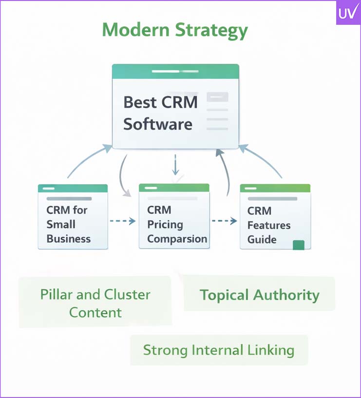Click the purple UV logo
point(348,13)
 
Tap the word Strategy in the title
point(215,31)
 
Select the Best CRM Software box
point(175,107)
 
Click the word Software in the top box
point(157,124)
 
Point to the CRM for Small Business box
point(73,217)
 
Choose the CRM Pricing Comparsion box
point(174,216)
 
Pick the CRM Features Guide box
point(275,217)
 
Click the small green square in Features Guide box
point(298,245)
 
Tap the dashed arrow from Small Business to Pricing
point(123,221)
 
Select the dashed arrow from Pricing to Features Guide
point(224,221)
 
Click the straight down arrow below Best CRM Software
point(176,166)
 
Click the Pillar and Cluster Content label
point(95,303)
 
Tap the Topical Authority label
point(259,295)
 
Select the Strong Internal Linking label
point(219,350)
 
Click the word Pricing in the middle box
point(165,225)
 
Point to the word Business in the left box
point(69,239)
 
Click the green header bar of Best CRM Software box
point(175,72)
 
